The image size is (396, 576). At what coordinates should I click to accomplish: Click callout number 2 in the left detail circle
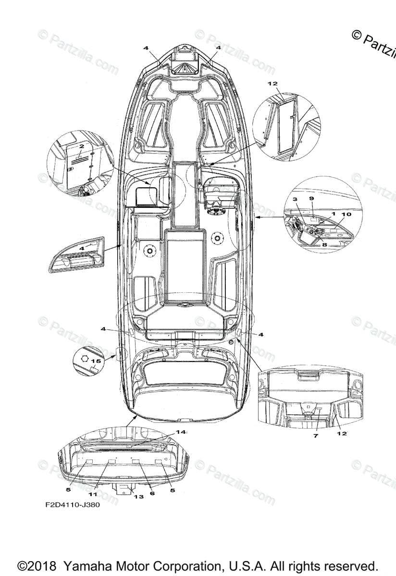point(82,145)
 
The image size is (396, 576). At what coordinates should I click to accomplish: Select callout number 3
point(295,199)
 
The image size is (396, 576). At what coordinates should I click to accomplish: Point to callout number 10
point(346,214)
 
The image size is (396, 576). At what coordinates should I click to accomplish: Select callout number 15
point(96,360)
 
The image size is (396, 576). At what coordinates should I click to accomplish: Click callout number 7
point(316,435)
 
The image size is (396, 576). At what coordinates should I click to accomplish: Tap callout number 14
point(180,432)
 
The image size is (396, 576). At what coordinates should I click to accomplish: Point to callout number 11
point(93,493)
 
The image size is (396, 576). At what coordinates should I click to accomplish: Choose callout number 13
point(138,497)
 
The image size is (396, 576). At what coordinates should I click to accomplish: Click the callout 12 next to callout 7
point(342,433)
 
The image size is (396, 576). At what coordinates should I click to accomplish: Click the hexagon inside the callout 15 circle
point(85,358)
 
